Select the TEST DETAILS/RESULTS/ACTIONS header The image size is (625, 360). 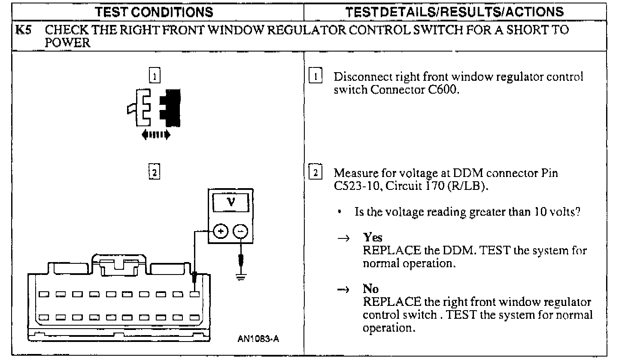[x=456, y=12]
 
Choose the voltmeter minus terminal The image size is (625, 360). [x=240, y=232]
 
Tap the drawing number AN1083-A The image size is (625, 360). [x=258, y=339]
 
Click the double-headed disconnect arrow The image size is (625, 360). [x=156, y=134]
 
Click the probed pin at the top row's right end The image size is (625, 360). [x=195, y=294]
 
